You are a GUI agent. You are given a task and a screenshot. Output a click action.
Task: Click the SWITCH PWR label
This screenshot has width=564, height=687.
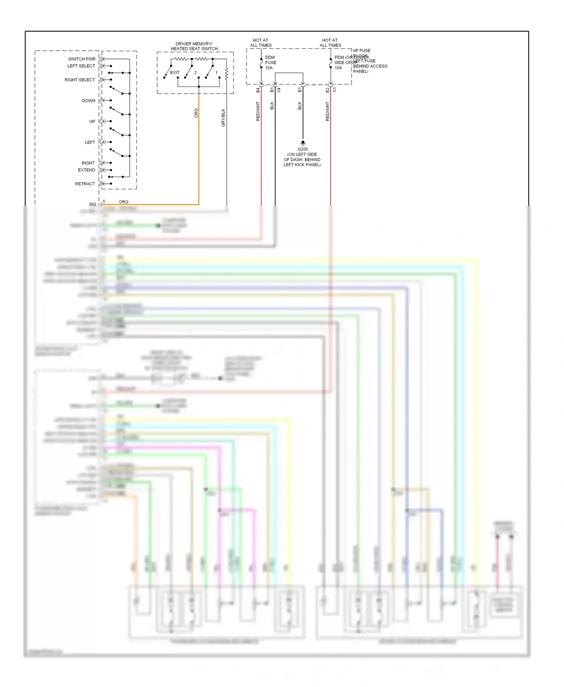[x=82, y=59]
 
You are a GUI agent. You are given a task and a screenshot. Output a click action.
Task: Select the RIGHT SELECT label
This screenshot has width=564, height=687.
[x=80, y=80]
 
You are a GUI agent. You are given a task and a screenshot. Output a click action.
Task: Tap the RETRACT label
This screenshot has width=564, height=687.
[x=85, y=184]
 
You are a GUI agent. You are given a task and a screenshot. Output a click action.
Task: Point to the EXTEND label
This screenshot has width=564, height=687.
[x=86, y=170]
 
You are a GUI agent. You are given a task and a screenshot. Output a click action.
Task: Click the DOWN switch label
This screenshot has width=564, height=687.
[x=89, y=101]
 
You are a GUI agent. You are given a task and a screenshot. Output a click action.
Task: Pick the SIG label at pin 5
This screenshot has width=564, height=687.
[x=92, y=204]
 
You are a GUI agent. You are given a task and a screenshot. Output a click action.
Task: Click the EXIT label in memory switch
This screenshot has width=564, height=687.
[x=175, y=73]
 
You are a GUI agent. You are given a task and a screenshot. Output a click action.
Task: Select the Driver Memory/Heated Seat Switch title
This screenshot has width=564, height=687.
[x=194, y=46]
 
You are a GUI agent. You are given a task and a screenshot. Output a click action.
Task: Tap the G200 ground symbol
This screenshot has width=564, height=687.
[x=303, y=143]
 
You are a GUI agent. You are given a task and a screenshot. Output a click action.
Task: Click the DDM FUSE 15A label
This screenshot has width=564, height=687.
[x=270, y=63]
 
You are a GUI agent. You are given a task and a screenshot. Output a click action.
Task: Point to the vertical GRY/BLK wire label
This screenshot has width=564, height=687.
[x=223, y=118]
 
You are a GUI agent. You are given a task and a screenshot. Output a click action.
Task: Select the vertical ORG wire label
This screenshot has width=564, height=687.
[x=196, y=113]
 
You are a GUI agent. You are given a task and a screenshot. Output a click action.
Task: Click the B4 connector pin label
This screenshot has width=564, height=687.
[x=258, y=90]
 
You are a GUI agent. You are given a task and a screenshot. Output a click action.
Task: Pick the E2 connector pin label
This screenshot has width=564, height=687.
[x=327, y=90]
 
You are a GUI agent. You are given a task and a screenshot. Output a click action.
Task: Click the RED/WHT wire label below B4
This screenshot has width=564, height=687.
[x=258, y=111]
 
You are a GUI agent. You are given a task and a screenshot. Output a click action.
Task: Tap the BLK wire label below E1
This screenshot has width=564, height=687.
[x=300, y=106]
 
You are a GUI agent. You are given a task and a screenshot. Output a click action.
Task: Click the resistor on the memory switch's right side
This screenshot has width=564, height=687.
[x=226, y=74]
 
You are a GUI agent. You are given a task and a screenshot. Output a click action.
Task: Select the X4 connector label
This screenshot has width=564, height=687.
[x=279, y=90]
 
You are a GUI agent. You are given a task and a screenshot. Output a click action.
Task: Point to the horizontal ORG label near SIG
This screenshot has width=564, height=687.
[x=124, y=202]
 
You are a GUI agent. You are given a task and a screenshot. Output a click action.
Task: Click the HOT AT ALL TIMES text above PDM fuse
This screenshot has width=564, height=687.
[x=330, y=43]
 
